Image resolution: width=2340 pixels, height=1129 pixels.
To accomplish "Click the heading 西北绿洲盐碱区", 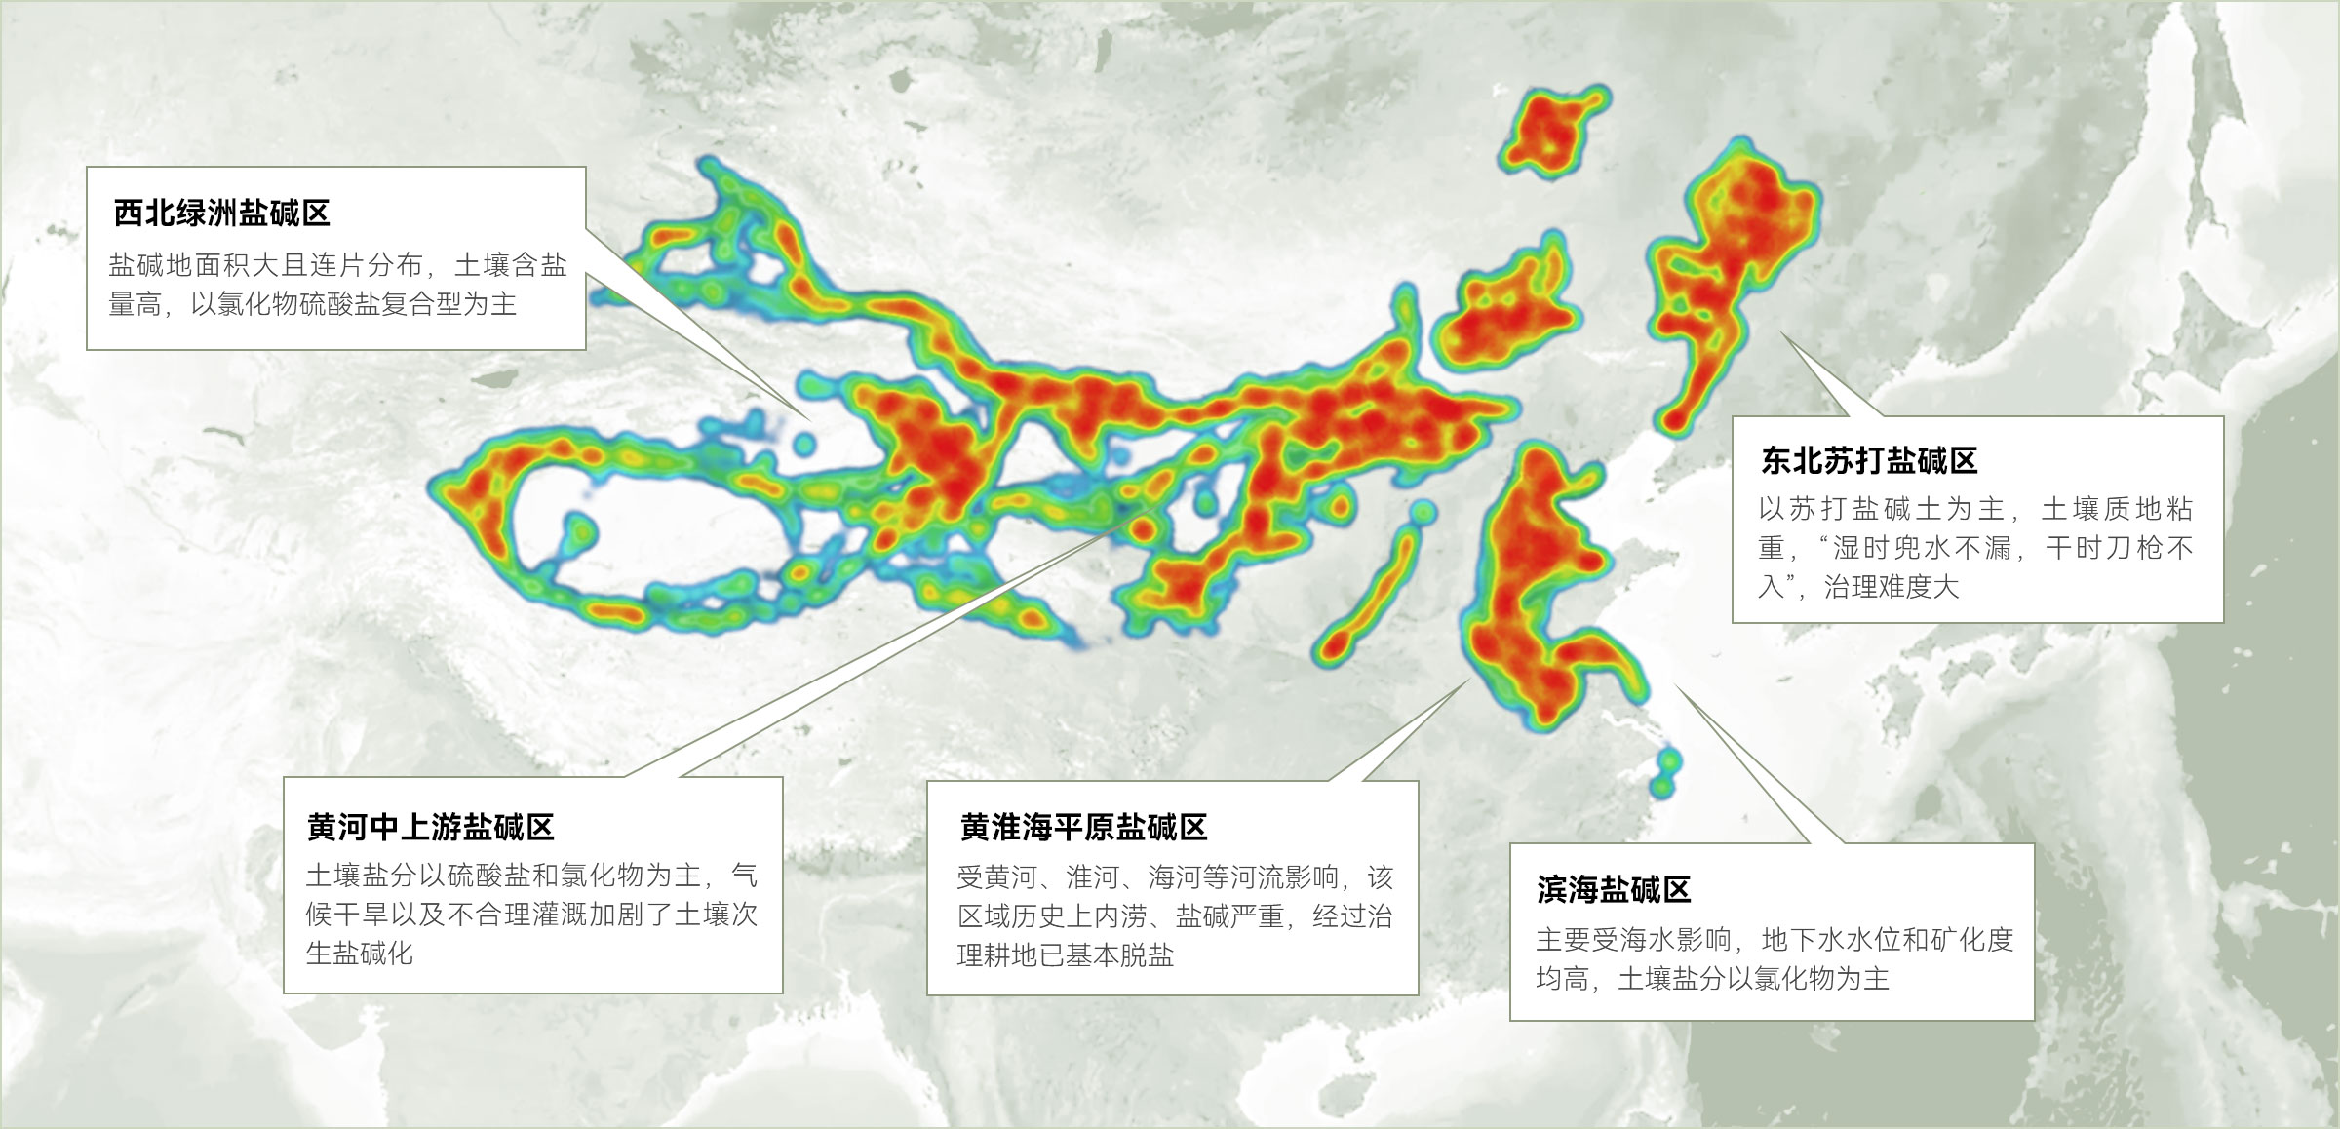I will (x=222, y=213).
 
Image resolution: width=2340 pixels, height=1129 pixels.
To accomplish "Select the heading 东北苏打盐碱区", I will (x=1868, y=460).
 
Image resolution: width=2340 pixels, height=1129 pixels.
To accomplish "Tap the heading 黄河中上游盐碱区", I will (x=430, y=827).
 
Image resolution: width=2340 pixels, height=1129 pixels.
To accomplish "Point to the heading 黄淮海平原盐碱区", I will (x=1083, y=827).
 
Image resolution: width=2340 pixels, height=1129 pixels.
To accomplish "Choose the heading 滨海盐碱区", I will (x=1613, y=889).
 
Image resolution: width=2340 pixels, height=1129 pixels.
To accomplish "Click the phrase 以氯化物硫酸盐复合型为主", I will (x=353, y=304).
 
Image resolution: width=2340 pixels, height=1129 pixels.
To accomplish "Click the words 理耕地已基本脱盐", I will (x=1065, y=955).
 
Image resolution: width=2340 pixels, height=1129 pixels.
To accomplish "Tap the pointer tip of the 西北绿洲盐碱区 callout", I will (x=809, y=420).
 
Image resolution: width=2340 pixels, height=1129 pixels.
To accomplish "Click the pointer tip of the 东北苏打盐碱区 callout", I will (x=1781, y=334).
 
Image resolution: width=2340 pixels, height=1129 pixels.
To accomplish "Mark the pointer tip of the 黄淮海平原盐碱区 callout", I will (x=1468, y=681).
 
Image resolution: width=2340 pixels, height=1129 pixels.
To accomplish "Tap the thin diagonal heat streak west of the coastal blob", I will (x=1367, y=595).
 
